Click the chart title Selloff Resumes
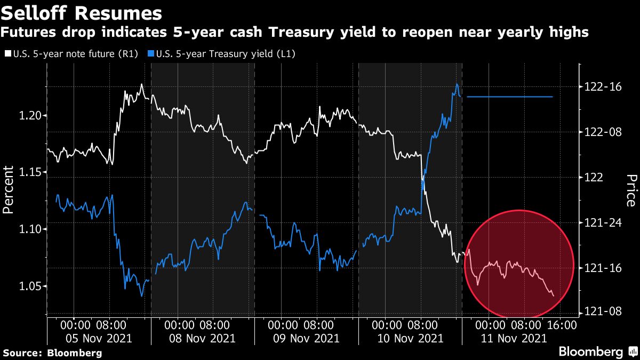click(82, 12)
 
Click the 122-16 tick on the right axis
click(603, 87)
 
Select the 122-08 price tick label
click(603, 132)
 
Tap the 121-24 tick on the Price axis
click(603, 222)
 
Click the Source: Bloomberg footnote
click(52, 353)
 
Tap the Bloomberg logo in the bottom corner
click(597, 351)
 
